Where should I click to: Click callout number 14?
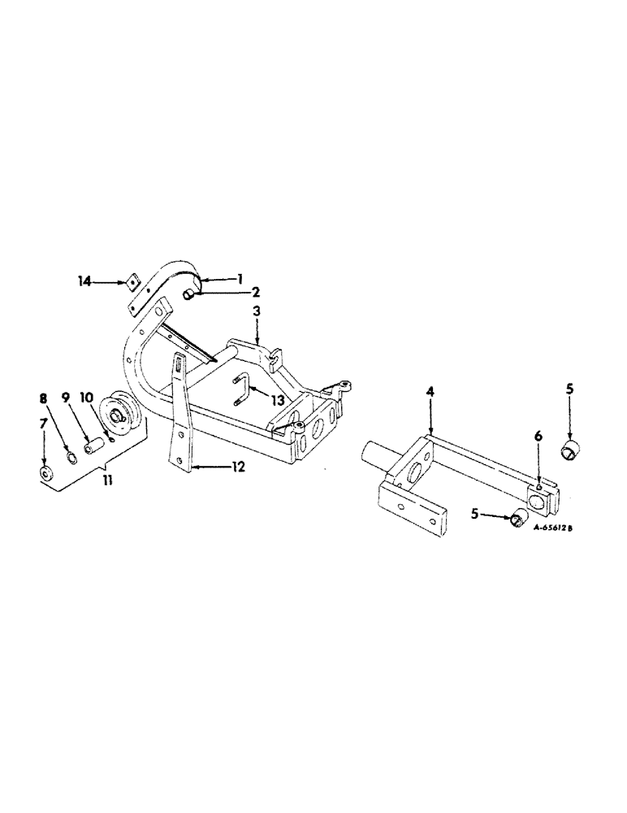[x=84, y=281]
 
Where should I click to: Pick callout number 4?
[x=430, y=392]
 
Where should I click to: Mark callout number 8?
[x=45, y=398]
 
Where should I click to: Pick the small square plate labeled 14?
[x=127, y=281]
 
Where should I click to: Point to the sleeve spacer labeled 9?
[x=93, y=446]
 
